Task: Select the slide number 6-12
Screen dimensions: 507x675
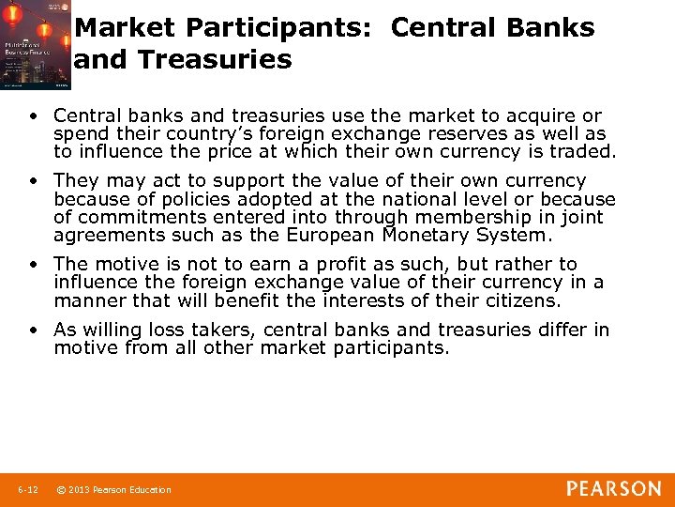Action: pos(28,489)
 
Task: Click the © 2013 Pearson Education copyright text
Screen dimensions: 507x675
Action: pos(113,489)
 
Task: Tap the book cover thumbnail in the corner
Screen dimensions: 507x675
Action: pos(36,45)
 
